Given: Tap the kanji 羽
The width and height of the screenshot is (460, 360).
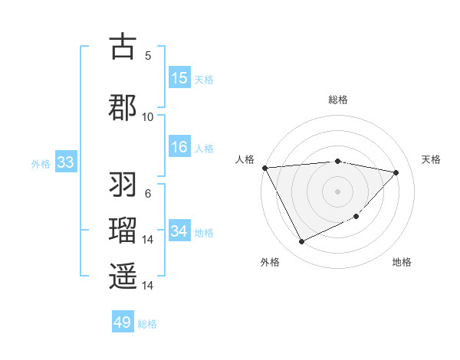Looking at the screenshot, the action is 123,186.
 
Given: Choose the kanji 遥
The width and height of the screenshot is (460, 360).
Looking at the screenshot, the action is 123,275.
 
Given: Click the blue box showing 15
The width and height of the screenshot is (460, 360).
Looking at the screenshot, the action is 179,77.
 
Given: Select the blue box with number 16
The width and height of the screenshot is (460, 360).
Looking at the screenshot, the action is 179,147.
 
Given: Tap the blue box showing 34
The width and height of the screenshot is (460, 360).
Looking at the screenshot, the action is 179,231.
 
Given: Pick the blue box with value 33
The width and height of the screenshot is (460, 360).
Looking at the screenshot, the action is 65,162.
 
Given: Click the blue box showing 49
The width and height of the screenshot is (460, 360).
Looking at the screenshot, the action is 123,322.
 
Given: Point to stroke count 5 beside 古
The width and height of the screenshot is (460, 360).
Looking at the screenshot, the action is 148,55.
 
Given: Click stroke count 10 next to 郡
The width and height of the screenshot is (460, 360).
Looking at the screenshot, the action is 148,116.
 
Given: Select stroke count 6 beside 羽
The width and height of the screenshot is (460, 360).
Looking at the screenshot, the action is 148,194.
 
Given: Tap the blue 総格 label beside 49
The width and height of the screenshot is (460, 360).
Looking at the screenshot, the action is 148,324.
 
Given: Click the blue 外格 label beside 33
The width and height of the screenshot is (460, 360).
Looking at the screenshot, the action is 40,164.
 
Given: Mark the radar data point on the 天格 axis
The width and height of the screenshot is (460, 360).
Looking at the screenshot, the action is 396,172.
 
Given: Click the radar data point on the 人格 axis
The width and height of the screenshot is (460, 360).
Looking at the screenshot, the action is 264,168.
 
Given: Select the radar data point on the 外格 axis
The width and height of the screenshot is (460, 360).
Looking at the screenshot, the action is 301,242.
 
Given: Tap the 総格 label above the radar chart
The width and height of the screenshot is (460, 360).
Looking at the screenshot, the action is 337,100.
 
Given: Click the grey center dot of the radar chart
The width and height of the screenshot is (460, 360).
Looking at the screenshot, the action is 337,191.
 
